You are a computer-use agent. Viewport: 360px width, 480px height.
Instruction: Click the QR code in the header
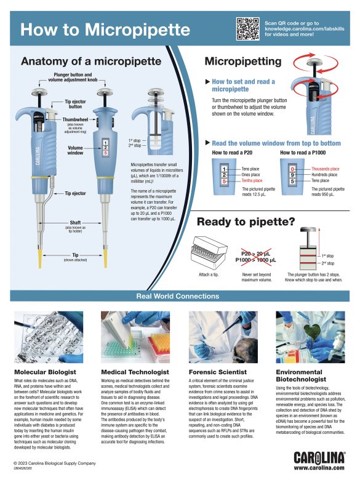pos(248,28)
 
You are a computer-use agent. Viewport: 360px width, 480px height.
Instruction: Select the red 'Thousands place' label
pos(325,169)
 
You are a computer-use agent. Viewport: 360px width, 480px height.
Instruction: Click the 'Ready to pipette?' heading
pos(248,222)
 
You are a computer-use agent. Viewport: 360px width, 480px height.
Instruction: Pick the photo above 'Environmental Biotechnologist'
pos(305,337)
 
